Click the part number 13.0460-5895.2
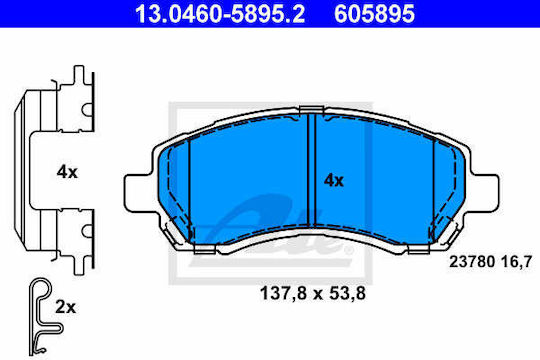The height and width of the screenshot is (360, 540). pyautogui.click(x=220, y=14)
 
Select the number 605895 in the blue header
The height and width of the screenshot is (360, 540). pyautogui.click(x=374, y=14)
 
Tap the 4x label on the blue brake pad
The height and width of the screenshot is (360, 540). pyautogui.click(x=333, y=181)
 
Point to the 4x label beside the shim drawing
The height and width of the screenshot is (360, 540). pyautogui.click(x=67, y=172)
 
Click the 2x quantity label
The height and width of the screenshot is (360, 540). pyautogui.click(x=65, y=307)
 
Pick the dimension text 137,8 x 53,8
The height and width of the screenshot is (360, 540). pyautogui.click(x=313, y=294)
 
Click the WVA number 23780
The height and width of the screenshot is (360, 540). pyautogui.click(x=471, y=262)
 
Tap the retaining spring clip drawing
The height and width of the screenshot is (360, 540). pyautogui.click(x=45, y=316)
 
